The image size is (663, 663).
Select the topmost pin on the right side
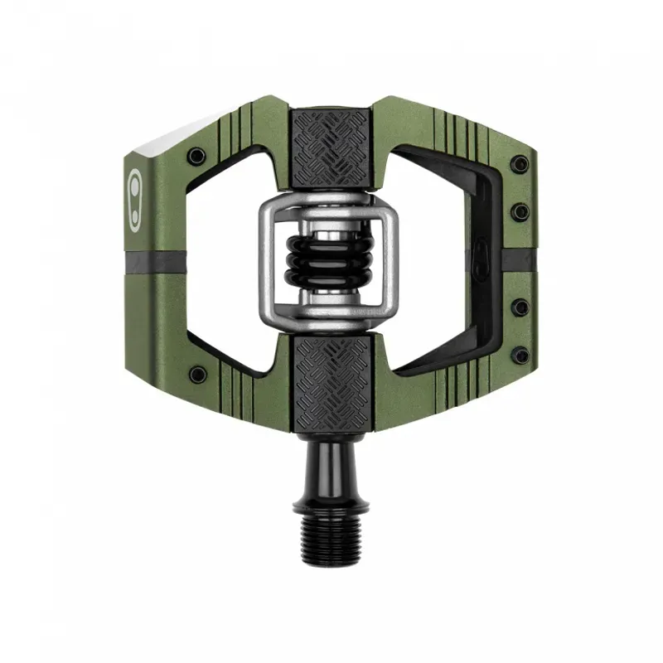[520, 163]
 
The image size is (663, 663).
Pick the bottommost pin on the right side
[520, 356]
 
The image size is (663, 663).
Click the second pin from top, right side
[520, 211]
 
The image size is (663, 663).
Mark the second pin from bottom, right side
[520, 307]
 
